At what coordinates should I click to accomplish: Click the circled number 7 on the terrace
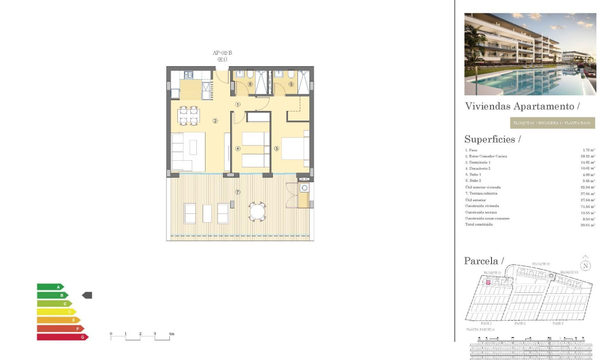click(238, 192)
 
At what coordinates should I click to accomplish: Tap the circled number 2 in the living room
click(215, 121)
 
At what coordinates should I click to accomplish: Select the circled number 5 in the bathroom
click(291, 84)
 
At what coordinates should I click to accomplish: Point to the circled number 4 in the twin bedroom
click(238, 148)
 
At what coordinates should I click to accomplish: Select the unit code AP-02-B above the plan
click(222, 53)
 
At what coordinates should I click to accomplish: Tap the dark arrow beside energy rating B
click(87, 295)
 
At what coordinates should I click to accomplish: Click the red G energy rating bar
click(62, 337)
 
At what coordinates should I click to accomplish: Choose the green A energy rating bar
click(50, 287)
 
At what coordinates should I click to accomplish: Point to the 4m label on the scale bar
click(172, 334)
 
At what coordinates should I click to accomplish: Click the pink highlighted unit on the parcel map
click(488, 283)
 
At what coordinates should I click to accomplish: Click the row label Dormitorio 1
click(478, 163)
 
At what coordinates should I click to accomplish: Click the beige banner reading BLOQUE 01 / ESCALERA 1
click(552, 123)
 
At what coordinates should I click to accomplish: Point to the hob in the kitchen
click(188, 75)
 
